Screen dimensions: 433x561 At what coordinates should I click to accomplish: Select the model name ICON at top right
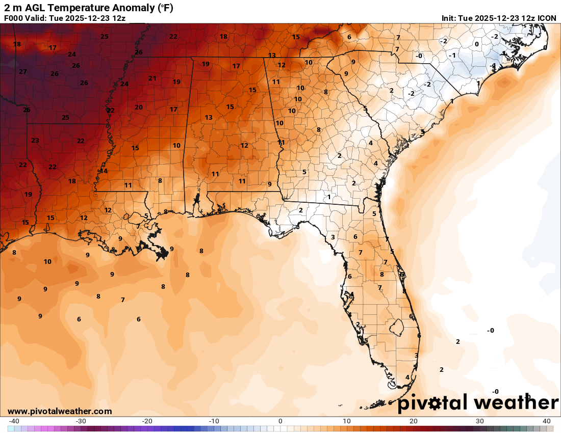pos(547,18)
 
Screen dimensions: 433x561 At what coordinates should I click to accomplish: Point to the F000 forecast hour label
pos(14,18)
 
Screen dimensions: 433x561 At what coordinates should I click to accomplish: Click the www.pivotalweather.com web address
pos(60,411)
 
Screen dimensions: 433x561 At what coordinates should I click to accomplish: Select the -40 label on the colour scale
pos(14,421)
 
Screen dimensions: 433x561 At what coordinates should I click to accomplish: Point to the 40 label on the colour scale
pos(547,421)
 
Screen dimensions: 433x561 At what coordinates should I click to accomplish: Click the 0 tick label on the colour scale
pos(280,421)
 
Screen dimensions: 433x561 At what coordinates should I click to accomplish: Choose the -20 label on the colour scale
pos(147,421)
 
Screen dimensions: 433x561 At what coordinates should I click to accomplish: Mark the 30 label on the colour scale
pos(480,421)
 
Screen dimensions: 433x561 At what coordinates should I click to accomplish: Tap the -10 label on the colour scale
pos(213,421)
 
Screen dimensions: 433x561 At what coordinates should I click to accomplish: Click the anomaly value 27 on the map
pos(23,72)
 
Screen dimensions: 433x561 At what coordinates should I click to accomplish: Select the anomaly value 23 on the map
pos(35,141)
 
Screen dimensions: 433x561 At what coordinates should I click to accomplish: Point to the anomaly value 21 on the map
pos(152,78)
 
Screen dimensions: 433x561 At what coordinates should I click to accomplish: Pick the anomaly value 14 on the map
pos(104,171)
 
